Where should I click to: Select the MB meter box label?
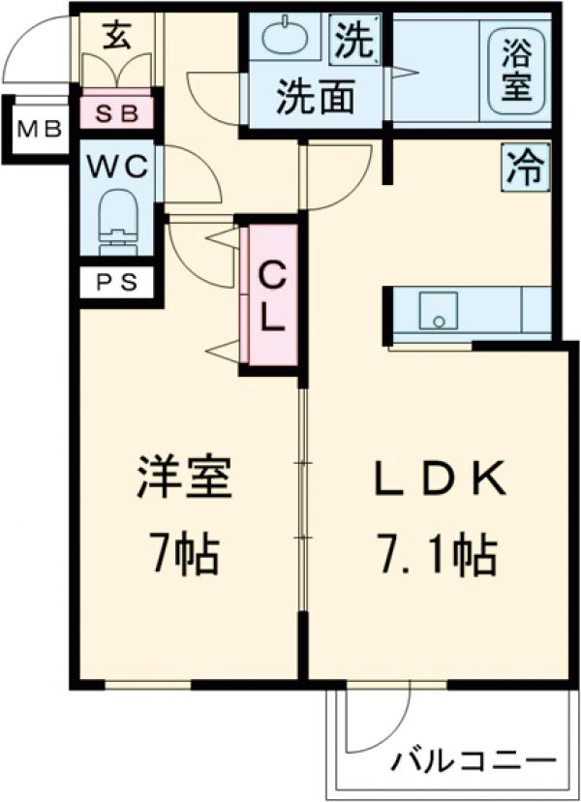click(39, 129)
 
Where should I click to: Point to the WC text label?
click(117, 167)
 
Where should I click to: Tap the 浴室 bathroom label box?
click(514, 66)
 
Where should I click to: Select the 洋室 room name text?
click(184, 480)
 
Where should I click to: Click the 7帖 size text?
click(183, 555)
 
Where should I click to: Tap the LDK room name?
click(438, 480)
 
